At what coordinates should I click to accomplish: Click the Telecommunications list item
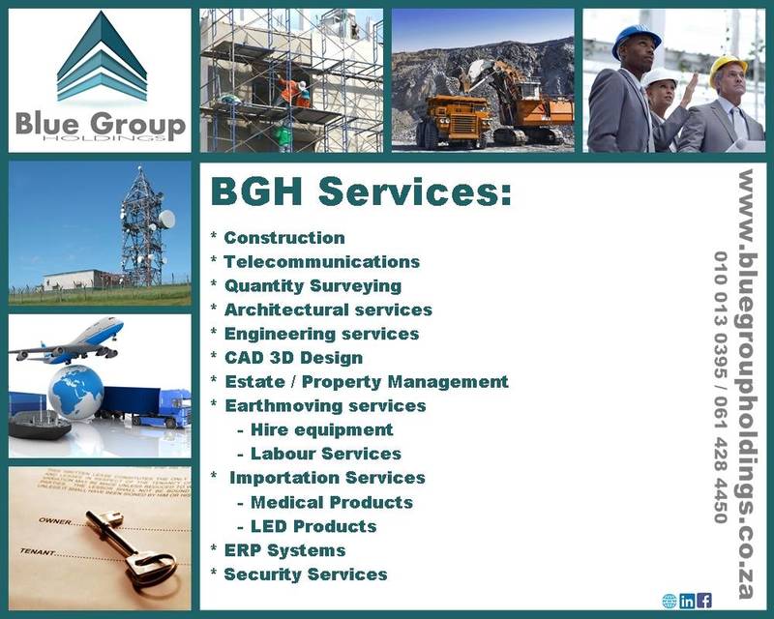coord(321,261)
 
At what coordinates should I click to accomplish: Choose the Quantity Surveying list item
coord(313,285)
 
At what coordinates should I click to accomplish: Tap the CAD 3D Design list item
coord(293,358)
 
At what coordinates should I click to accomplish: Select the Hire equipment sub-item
coord(321,429)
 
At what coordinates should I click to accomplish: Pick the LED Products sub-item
coord(313,526)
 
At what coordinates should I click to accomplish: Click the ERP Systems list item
coord(283,550)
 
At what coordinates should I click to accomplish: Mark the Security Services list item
coord(305,575)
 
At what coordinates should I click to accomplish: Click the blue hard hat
coord(636,41)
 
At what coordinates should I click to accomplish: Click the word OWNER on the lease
coord(53,521)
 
